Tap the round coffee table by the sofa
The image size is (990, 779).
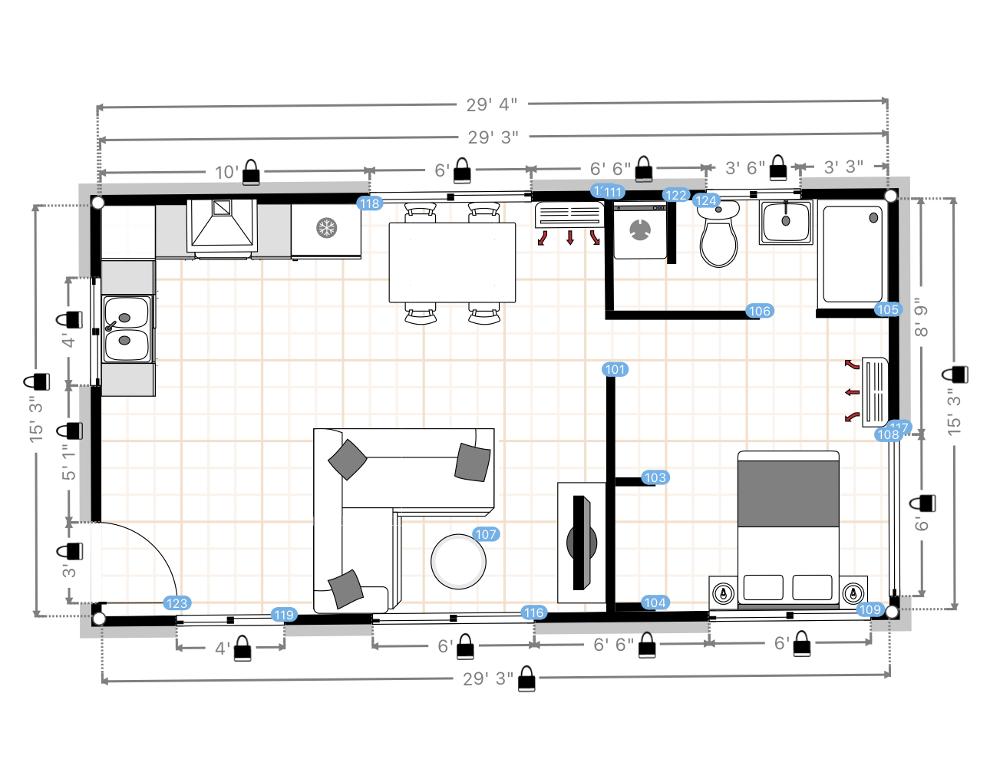point(458,562)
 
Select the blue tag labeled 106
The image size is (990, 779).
point(759,311)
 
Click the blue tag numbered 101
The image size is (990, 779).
point(615,369)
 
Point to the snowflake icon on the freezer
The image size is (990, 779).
point(327,228)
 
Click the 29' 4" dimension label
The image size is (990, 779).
point(491,104)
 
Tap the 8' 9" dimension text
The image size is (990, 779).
point(921,317)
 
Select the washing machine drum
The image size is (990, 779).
point(639,230)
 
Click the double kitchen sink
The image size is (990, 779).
point(127,328)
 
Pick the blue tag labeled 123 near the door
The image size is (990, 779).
point(177,603)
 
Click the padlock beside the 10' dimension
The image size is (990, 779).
point(251,173)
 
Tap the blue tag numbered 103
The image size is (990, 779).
point(655,477)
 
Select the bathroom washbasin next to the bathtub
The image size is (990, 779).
point(786,222)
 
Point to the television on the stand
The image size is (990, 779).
point(581,543)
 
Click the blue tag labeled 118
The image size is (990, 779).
point(370,203)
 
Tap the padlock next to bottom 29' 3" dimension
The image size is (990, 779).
point(526,679)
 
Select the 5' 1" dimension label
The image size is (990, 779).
point(69,463)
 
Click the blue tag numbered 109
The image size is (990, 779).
point(870,609)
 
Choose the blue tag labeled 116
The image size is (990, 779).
point(533,612)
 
